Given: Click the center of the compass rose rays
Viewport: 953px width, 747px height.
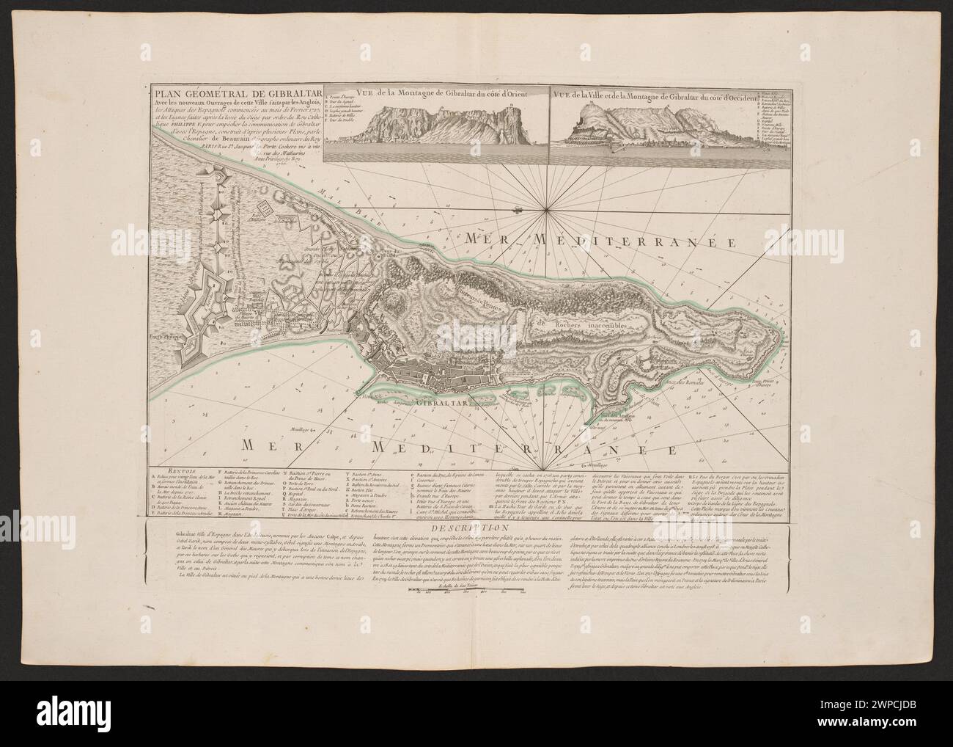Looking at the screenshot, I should [x=548, y=211].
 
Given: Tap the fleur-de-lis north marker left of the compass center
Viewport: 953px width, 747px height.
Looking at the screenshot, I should [x=519, y=211].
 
